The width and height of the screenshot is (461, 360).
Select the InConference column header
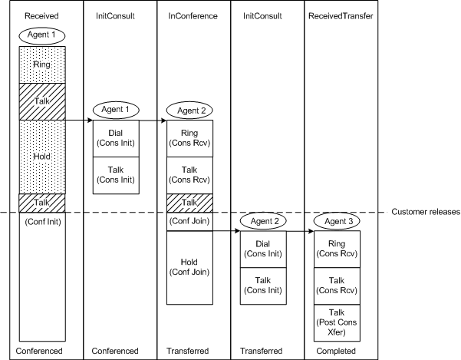[190, 15]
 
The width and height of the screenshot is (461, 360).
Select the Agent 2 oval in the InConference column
[189, 111]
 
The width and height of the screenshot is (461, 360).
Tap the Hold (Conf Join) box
[189, 267]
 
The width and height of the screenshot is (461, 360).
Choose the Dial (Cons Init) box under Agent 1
[114, 137]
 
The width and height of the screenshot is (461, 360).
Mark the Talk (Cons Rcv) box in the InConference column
[189, 175]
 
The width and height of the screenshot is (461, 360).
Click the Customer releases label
[425, 212]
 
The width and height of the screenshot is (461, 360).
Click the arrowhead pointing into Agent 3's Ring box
[315, 230]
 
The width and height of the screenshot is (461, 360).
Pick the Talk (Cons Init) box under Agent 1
[114, 175]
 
